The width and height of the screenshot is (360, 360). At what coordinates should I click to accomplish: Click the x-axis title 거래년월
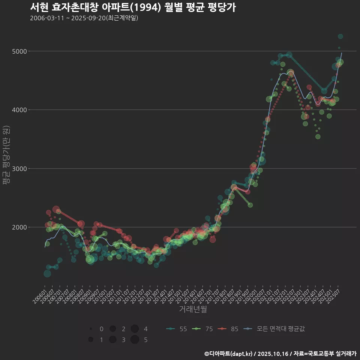pyautogui.click(x=193, y=309)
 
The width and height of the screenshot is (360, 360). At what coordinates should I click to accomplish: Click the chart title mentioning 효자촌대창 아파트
pyautogui.click(x=133, y=7)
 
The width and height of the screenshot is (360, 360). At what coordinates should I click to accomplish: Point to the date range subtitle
pyautogui.click(x=84, y=18)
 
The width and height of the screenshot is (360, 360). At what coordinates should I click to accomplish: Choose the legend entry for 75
pyautogui.click(x=203, y=329)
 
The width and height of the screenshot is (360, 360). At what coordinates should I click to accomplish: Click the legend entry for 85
pyautogui.click(x=229, y=329)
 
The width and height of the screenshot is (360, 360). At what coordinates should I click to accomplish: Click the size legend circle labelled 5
pyautogui.click(x=135, y=340)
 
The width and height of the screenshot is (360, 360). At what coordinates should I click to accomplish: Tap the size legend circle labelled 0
pyautogui.click(x=91, y=329)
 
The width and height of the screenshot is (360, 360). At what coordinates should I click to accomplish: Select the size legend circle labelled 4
pyautogui.click(x=135, y=329)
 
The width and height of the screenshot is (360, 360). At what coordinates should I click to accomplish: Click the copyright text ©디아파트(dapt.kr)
pyautogui.click(x=229, y=354)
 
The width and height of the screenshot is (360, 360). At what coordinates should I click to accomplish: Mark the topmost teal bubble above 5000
pyautogui.click(x=340, y=36)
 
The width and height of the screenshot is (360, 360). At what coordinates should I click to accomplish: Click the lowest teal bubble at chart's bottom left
pyautogui.click(x=47, y=274)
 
